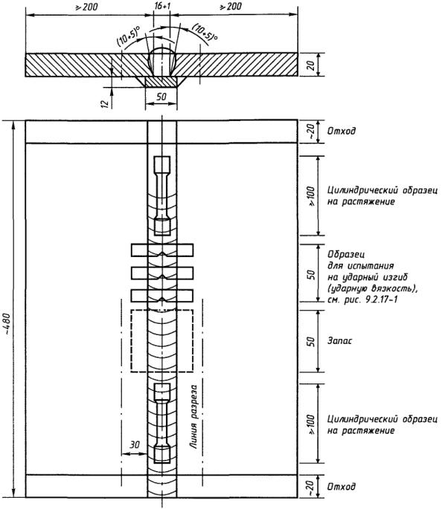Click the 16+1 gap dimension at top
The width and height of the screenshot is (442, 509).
click(162, 6)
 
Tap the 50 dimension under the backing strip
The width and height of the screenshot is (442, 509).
click(161, 97)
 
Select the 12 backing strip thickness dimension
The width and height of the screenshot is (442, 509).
click(105, 104)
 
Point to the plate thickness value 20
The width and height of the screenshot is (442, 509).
click(311, 65)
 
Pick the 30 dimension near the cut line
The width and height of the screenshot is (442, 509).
click(135, 444)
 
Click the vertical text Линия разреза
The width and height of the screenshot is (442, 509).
click(193, 417)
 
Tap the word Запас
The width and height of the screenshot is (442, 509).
click(339, 341)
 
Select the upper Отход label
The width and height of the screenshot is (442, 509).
click(342, 131)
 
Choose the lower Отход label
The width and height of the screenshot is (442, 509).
click(342, 487)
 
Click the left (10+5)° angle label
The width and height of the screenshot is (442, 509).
click(129, 36)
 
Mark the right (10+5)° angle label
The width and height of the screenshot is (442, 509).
click(205, 32)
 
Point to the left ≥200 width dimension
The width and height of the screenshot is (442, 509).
click(86, 7)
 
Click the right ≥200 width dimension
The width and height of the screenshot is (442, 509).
click(231, 6)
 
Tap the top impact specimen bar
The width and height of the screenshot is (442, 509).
click(162, 250)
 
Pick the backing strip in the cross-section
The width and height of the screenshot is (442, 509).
click(161, 82)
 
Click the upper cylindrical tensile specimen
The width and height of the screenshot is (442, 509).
click(162, 195)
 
